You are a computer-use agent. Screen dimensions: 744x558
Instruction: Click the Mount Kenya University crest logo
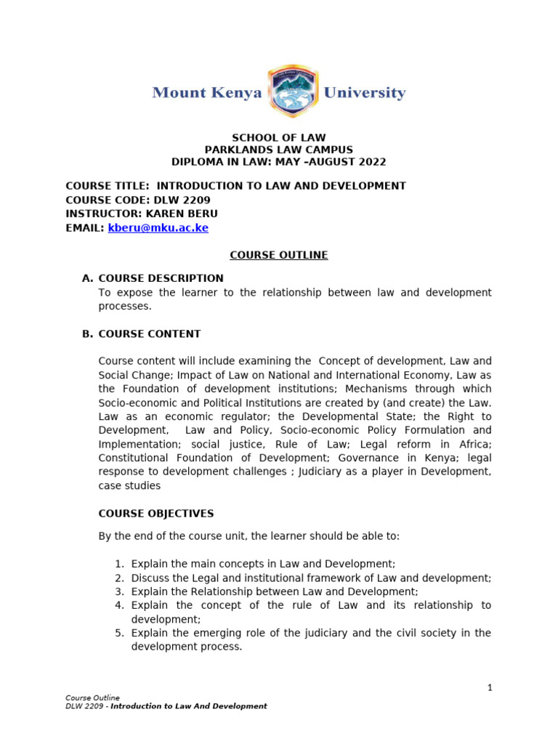click(292, 92)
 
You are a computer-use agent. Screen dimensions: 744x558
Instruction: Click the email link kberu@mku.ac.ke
click(158, 227)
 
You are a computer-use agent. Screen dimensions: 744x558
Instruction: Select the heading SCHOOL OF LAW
click(278, 137)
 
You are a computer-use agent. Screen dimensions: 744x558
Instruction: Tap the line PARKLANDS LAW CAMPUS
click(278, 150)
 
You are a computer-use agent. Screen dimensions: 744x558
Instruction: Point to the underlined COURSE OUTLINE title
click(278, 255)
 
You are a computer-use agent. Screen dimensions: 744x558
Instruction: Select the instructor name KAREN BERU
click(185, 214)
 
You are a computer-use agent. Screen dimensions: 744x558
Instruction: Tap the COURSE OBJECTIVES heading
click(156, 514)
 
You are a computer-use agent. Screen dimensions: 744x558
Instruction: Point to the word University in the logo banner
click(364, 93)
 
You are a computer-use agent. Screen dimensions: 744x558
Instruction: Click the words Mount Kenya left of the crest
click(206, 93)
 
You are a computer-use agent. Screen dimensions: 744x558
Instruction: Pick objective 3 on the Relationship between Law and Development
click(275, 591)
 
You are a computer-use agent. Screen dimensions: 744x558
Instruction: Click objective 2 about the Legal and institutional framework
click(311, 578)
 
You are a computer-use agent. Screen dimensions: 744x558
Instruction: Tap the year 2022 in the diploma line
click(371, 162)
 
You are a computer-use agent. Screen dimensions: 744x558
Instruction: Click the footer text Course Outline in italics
click(92, 697)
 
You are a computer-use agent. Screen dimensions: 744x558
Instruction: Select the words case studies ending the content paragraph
click(129, 486)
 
